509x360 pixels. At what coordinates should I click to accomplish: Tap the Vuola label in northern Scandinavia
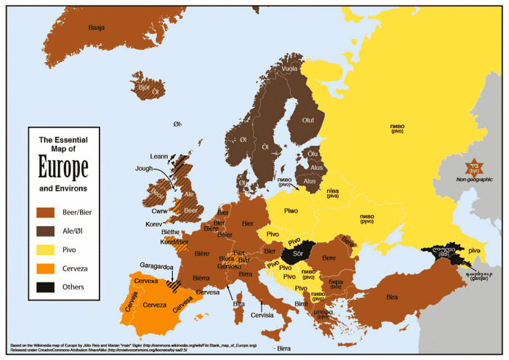289,69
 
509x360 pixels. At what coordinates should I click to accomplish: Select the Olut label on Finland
308,120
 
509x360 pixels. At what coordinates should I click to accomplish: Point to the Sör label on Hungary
297,254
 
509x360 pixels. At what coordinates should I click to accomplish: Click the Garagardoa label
156,267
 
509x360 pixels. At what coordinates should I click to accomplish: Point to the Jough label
144,168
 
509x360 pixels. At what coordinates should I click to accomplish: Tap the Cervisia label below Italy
262,316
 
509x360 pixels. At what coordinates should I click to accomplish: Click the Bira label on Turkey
392,297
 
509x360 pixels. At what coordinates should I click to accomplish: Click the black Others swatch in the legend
47,286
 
